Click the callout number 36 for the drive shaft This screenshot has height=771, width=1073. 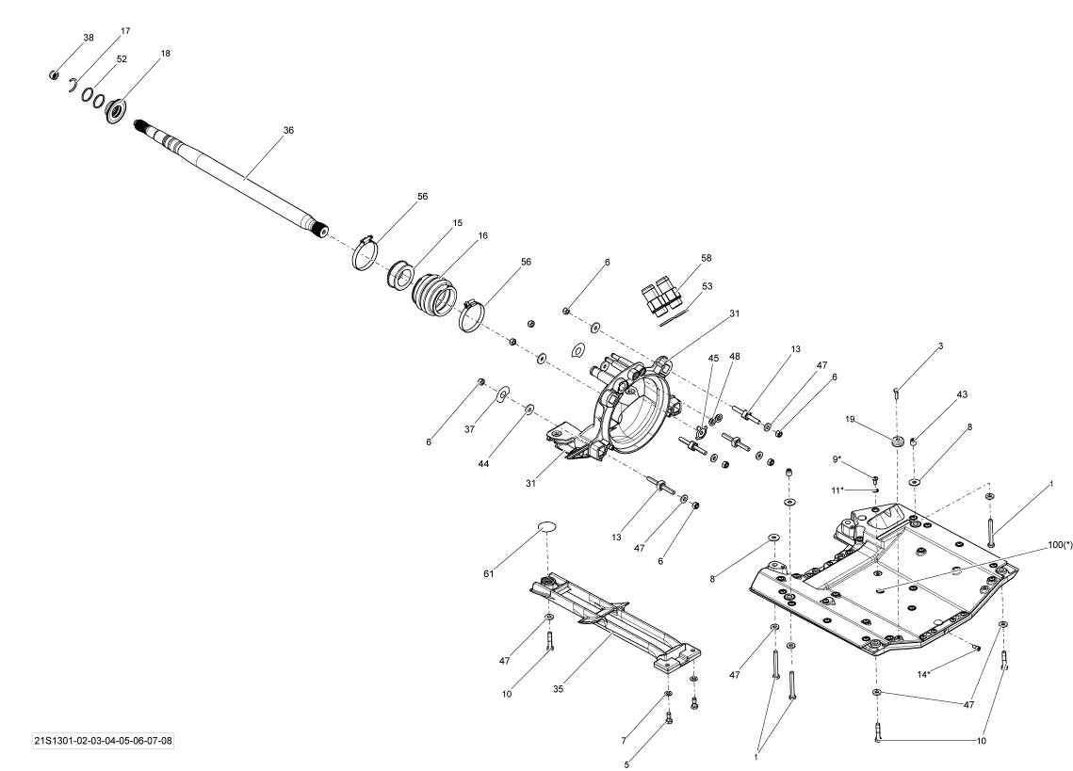[x=289, y=130]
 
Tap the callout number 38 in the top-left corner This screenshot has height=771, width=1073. [x=89, y=39]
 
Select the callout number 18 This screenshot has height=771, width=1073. [x=165, y=54]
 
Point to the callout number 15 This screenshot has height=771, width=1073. [x=457, y=223]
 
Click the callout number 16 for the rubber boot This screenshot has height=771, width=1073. [x=483, y=236]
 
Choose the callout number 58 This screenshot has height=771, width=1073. [x=707, y=259]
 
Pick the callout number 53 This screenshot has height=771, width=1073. [x=707, y=286]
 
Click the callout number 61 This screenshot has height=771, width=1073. [x=489, y=574]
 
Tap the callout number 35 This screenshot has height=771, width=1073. [x=559, y=689]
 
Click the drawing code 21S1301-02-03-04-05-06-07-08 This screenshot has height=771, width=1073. [x=104, y=741]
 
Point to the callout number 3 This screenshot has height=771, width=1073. [x=940, y=346]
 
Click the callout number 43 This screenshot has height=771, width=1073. [x=962, y=394]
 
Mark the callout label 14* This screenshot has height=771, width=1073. [x=923, y=675]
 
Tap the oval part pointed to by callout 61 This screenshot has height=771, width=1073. [x=545, y=527]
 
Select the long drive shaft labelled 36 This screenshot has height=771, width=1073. [x=232, y=178]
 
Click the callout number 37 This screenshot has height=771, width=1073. [x=469, y=429]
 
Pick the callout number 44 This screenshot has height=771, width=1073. [x=484, y=464]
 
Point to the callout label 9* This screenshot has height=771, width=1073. [x=837, y=459]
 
